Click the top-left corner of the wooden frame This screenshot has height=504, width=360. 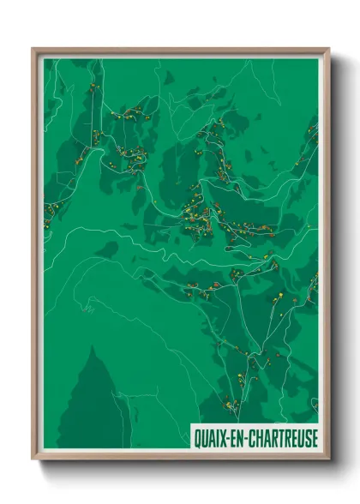pos(33,50)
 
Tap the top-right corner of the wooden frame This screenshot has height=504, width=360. pos(327,50)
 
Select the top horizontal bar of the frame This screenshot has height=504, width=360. pos(180,51)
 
